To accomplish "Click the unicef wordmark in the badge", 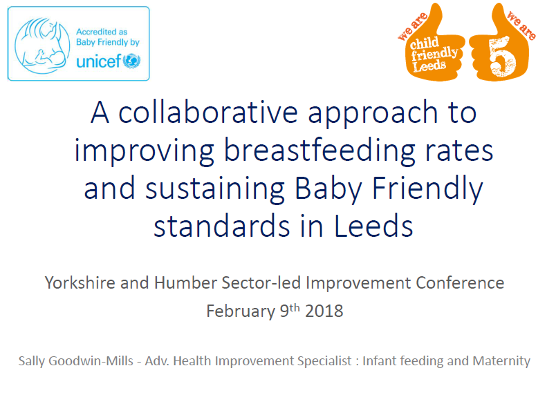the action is coord(99,61).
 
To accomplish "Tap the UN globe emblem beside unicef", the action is coord(131,61).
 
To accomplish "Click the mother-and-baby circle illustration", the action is coord(42,46).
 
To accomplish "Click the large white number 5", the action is coord(502,57).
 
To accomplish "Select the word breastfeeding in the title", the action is coord(319,151).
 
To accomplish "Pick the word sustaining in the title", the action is coord(215,189).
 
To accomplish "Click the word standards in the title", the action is coord(222,226).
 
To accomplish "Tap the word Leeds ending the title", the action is coord(373,226).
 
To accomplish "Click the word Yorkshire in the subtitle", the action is coord(80,283).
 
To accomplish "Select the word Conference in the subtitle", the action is coord(460,283).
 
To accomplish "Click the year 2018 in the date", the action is coord(324,311).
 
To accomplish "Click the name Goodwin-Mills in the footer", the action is coord(91,361).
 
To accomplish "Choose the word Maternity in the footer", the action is coord(501,361).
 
